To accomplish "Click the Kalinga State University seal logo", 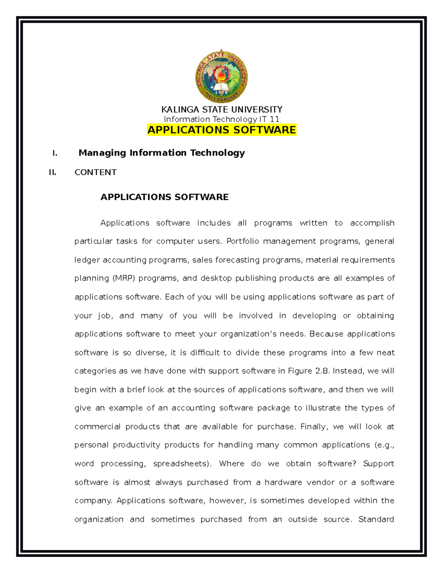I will pyautogui.click(x=221, y=77).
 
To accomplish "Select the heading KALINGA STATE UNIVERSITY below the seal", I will pyautogui.click(x=221, y=110).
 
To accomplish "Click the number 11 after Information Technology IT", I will pyautogui.click(x=274, y=119).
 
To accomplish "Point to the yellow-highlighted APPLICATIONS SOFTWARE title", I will pyautogui.click(x=221, y=130).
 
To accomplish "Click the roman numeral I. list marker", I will pyautogui.click(x=55, y=153).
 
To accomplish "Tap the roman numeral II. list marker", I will pyautogui.click(x=53, y=172).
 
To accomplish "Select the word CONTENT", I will pyautogui.click(x=96, y=172).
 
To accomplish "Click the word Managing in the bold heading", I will pyautogui.click(x=102, y=153).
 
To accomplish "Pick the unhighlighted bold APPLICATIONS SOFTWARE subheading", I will pyautogui.click(x=164, y=197).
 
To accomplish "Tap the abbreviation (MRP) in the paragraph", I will pyautogui.click(x=124, y=278).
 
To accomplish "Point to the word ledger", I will pyautogui.click(x=87, y=260).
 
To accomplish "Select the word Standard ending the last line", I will pyautogui.click(x=376, y=520).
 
